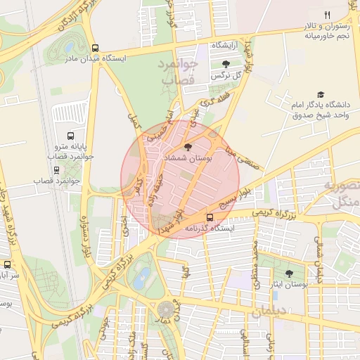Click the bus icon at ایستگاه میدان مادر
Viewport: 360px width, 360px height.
[95, 48]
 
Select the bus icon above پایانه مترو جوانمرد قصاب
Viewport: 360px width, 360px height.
[70, 136]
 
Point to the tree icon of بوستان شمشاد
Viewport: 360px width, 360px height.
[187, 147]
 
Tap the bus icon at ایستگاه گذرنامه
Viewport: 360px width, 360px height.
[210, 217]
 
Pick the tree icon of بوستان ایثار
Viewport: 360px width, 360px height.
[290, 274]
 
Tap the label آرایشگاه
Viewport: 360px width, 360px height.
[226, 44]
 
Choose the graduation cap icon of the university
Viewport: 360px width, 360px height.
[321, 94]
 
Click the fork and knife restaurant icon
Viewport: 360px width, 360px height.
[327, 15]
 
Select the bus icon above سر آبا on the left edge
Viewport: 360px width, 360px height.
[8, 265]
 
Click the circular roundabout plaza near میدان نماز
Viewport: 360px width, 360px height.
[167, 310]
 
